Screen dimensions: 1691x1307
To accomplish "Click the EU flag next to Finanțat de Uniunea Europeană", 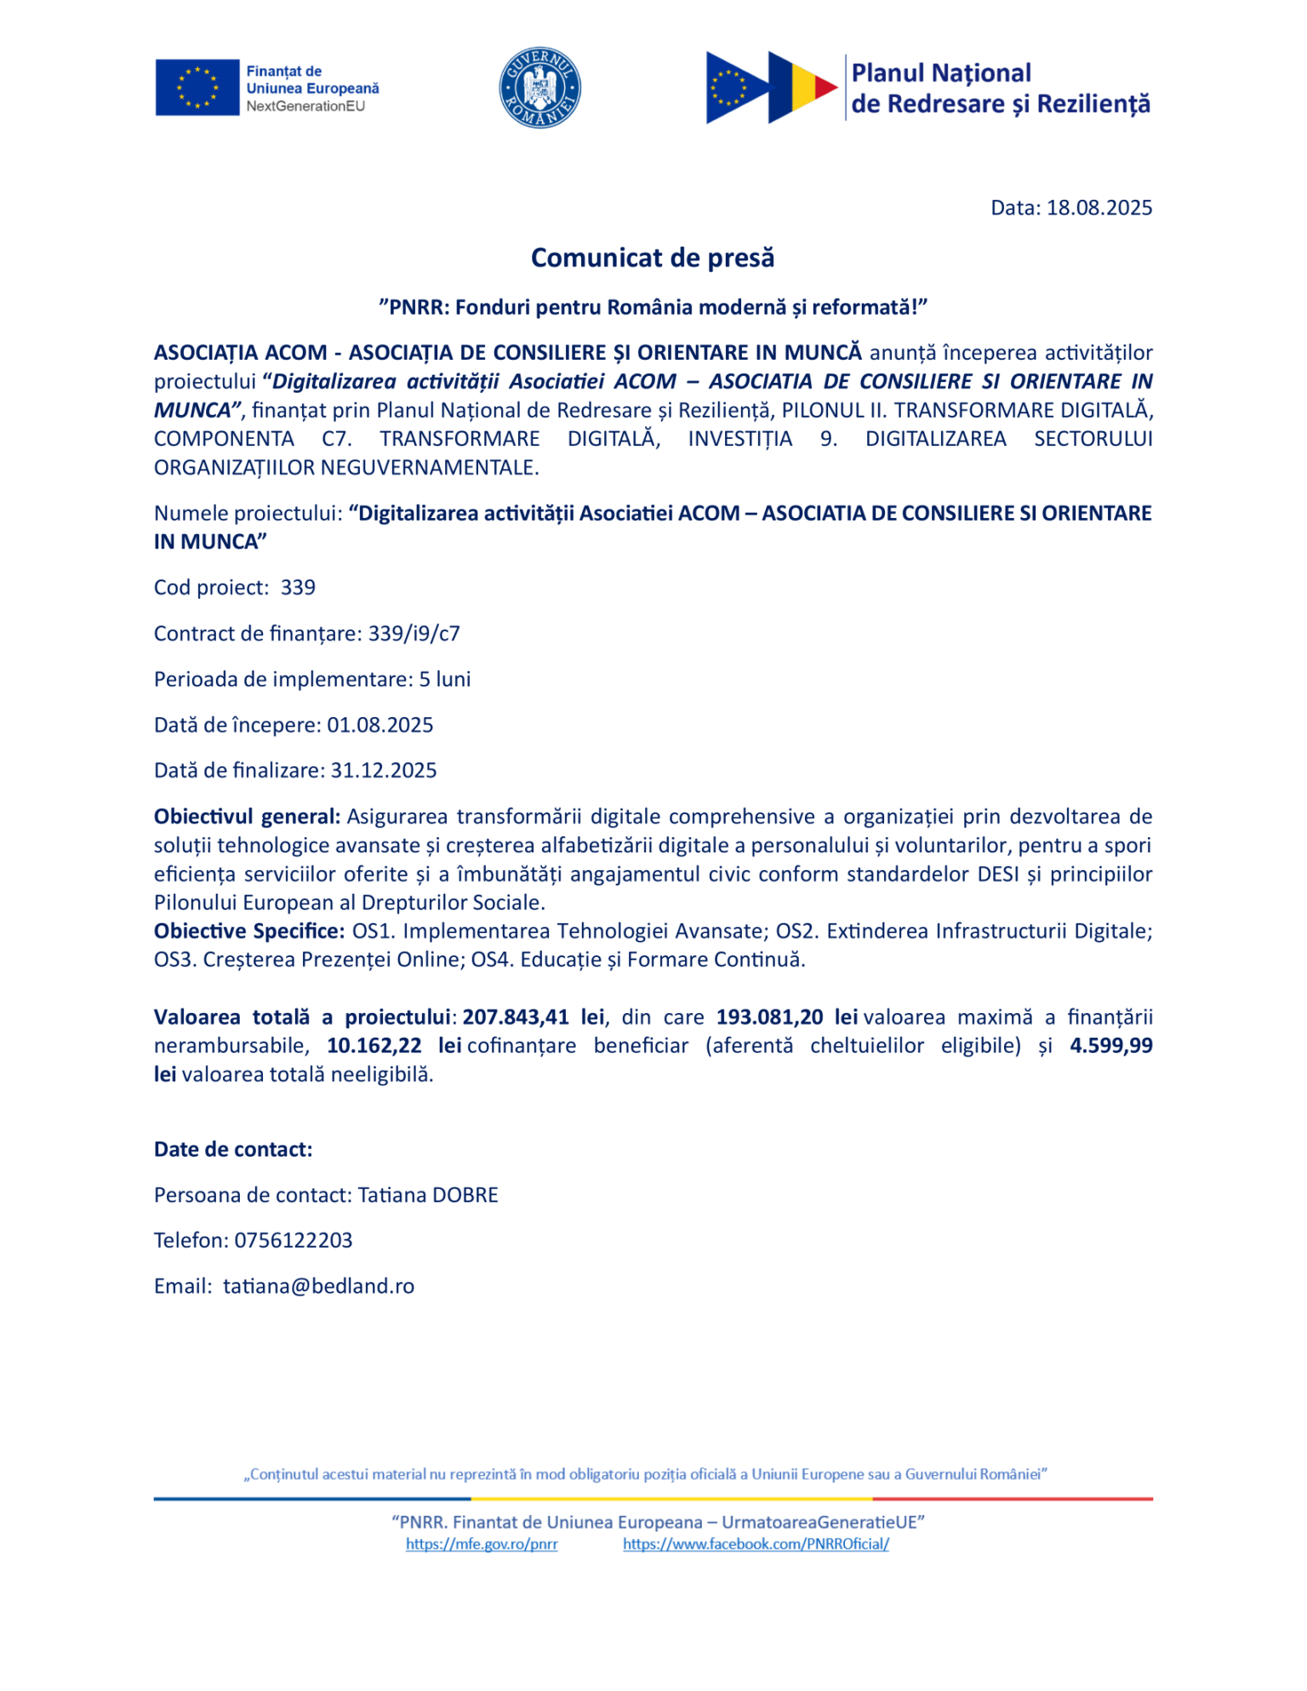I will point(197,87).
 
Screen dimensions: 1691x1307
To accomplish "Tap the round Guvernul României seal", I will point(539,88).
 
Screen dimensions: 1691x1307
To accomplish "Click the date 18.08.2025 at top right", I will point(1099,208).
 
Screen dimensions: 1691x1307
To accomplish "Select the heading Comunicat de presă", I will point(653,258).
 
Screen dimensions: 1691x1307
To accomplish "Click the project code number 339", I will point(298,588).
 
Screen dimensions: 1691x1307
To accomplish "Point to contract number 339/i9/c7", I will point(414,634).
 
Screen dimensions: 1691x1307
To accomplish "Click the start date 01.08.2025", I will point(380,725).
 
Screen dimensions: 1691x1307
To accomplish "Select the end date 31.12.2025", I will point(384,771).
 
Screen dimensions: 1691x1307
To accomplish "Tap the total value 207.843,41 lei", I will point(533,1017).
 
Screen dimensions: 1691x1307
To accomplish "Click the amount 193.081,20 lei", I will point(786,1017).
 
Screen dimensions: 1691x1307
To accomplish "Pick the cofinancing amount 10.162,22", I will point(374,1045).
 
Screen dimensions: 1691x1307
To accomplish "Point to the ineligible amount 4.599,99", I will point(1110,1045).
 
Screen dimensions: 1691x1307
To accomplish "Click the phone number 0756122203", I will point(294,1241).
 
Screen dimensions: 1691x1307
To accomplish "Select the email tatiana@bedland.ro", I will point(319,1287).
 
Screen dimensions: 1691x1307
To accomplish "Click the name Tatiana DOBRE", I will point(428,1195).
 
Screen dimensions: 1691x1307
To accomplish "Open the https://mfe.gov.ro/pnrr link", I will point(482,1545).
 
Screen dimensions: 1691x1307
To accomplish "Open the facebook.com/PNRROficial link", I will point(756,1545).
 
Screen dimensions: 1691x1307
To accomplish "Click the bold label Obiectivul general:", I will point(247,817).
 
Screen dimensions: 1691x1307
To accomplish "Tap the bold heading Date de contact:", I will point(233,1150).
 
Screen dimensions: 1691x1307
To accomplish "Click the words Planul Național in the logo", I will point(941,73).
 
